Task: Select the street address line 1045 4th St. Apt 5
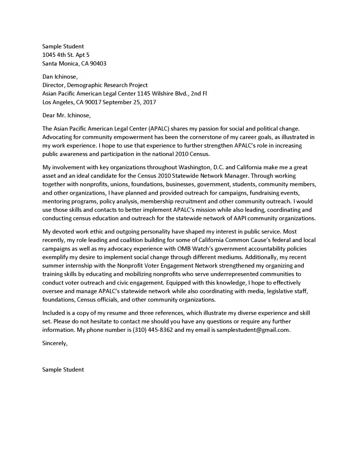pos(66,55)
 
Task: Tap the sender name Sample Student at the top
pos(63,46)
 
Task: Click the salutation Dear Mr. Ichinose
pos(66,115)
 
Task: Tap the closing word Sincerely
pos(55,343)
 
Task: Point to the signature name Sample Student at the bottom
pos(63,369)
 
